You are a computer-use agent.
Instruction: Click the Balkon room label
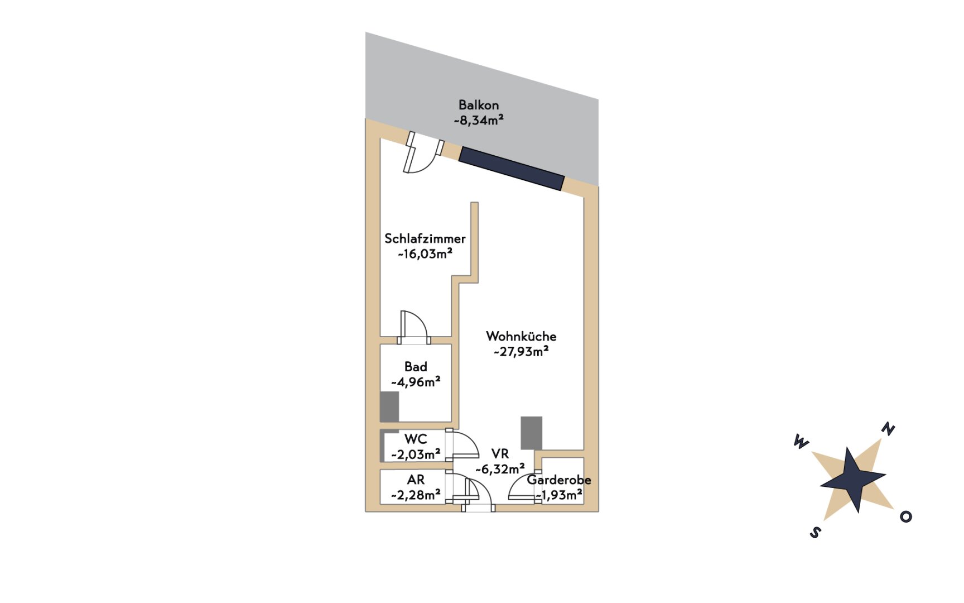[479, 105]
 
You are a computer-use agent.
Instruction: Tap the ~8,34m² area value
[479, 120]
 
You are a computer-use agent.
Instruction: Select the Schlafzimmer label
[425, 238]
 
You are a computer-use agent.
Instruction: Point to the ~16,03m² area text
[425, 254]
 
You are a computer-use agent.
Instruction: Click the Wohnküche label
[521, 336]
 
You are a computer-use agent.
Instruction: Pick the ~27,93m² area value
[521, 352]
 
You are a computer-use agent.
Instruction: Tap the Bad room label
[416, 367]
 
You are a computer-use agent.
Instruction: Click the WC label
[416, 439]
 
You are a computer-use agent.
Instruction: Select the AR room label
[416, 480]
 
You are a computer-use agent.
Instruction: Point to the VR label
[500, 454]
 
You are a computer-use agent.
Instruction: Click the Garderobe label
[559, 480]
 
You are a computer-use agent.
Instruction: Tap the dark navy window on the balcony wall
[512, 169]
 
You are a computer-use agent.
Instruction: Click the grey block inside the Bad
[389, 406]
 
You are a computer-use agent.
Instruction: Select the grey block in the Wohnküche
[532, 433]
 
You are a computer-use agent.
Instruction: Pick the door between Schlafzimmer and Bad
[413, 327]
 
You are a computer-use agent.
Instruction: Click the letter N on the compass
[888, 429]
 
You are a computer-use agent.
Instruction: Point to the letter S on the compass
[815, 532]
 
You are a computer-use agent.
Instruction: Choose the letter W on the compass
[801, 442]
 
